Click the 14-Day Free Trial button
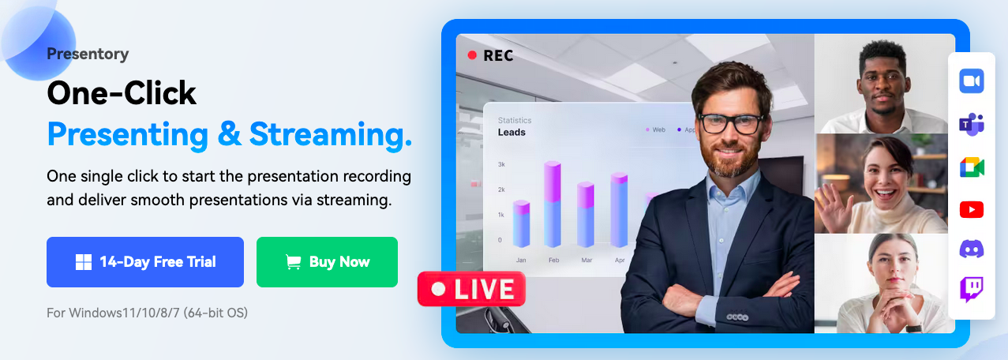145,262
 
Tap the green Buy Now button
327,262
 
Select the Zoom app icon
972,81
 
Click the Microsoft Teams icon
972,124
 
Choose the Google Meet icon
972,167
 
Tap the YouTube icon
972,210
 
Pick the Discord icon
972,249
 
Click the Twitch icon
972,290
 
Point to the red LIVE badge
471,289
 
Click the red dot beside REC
472,55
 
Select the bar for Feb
553,204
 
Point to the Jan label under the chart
521,260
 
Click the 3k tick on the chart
501,164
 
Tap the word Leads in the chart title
511,133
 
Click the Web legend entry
655,129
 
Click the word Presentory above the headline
88,54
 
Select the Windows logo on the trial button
84,262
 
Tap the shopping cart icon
294,262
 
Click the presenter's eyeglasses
730,123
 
